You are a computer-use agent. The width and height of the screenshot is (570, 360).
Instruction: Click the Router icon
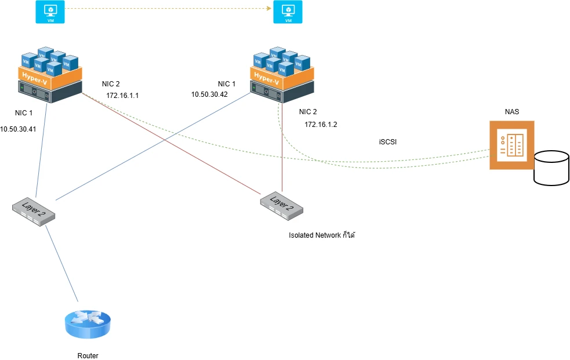(87, 323)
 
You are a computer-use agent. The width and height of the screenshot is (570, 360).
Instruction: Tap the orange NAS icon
(511, 145)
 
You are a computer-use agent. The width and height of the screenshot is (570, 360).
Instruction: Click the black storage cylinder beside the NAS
(551, 168)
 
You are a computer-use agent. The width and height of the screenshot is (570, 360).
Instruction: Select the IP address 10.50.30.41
(18, 129)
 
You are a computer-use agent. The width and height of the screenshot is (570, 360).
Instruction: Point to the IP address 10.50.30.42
(209, 94)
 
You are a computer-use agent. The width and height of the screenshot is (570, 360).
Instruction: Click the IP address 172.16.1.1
(122, 95)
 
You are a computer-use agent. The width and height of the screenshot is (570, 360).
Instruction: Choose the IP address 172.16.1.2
(321, 124)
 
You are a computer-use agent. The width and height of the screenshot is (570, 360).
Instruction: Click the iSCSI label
(387, 142)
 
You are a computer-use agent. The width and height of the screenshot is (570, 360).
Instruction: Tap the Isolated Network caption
(321, 235)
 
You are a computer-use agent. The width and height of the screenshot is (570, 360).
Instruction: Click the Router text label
(88, 356)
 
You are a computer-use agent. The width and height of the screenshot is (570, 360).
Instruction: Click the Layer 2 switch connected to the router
(34, 211)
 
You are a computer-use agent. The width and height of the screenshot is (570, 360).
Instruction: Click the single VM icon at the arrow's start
(50, 12)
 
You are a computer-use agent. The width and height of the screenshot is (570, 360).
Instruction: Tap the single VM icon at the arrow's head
(288, 12)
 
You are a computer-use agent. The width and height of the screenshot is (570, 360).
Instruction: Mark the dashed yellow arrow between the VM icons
(168, 9)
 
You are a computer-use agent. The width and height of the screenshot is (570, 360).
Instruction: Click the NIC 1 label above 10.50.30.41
(24, 112)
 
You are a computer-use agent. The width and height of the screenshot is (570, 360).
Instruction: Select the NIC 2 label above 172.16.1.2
(308, 112)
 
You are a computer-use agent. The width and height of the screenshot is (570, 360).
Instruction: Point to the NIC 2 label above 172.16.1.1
(110, 83)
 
